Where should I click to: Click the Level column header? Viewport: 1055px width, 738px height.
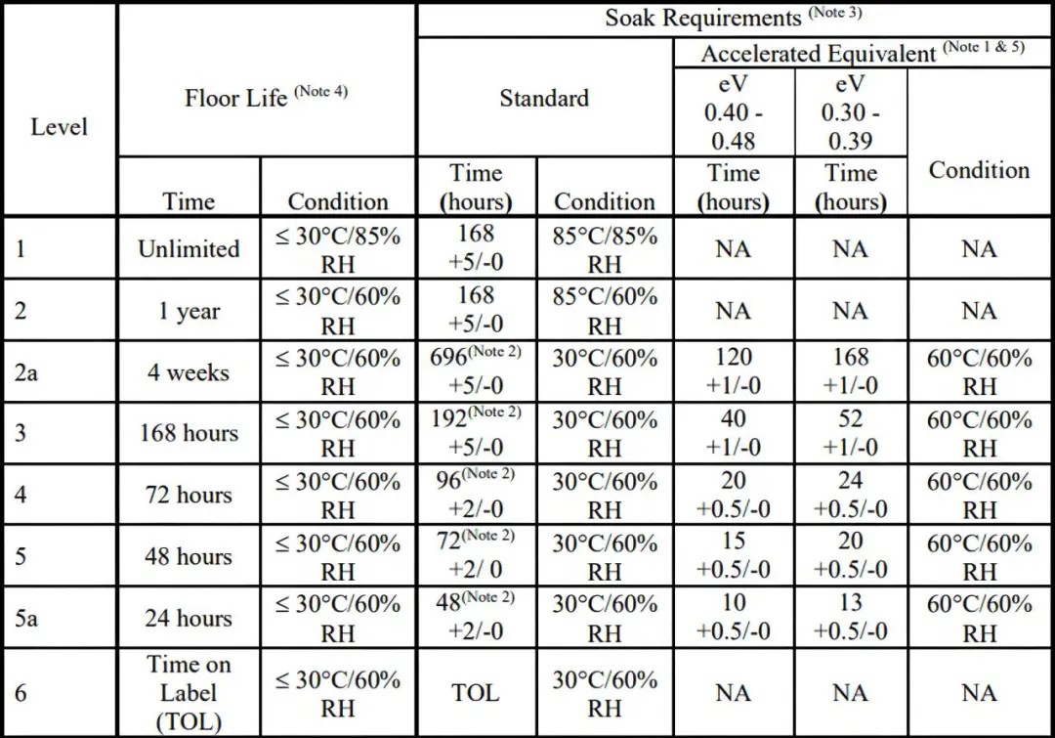pyautogui.click(x=59, y=127)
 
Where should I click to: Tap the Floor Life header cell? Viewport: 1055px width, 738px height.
pyautogui.click(x=266, y=97)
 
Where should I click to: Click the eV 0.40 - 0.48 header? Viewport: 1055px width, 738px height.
pyautogui.click(x=734, y=111)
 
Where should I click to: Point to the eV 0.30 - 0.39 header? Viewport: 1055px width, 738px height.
pyautogui.click(x=850, y=111)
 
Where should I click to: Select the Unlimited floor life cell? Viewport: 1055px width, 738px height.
pyautogui.click(x=189, y=248)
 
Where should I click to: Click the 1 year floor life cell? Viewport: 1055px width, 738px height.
pyautogui.click(x=189, y=311)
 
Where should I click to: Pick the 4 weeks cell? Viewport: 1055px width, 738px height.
pyautogui.click(x=189, y=372)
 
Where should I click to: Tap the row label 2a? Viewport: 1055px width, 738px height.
pyautogui.click(x=26, y=372)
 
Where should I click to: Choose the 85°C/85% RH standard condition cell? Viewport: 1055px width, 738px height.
pyautogui.click(x=605, y=249)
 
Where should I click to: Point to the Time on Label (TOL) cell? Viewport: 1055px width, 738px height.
pyautogui.click(x=189, y=693)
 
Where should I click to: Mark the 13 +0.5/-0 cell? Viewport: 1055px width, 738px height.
pyautogui.click(x=850, y=618)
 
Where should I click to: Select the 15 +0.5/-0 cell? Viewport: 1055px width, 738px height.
pyautogui.click(x=734, y=555)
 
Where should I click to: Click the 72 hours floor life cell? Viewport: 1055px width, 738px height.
pyautogui.click(x=189, y=495)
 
